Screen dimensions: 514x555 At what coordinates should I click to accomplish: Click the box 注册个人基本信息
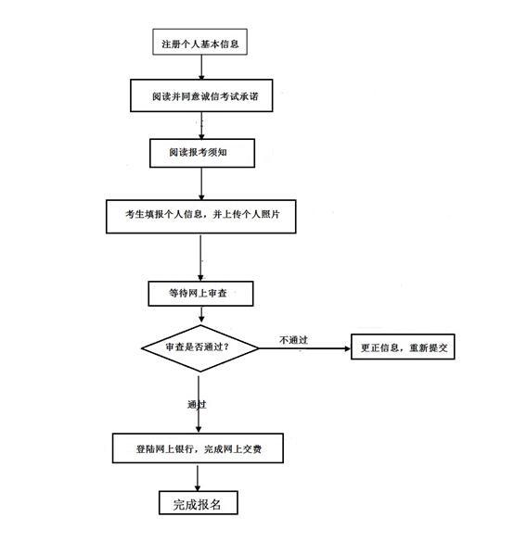click(x=199, y=42)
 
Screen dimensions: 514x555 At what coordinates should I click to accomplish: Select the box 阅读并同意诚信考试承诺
click(x=201, y=95)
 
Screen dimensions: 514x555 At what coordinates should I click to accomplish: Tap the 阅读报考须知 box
click(x=202, y=153)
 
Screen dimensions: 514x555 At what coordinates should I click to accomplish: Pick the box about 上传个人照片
click(x=201, y=216)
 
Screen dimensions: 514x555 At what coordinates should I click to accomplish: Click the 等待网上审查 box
click(x=200, y=294)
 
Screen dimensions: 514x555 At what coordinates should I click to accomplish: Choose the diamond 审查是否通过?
click(x=199, y=348)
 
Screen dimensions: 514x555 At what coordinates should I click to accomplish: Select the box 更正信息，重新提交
click(x=403, y=347)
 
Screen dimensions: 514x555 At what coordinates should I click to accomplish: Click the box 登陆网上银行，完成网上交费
click(x=198, y=448)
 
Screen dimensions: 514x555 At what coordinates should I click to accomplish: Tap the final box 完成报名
click(x=199, y=502)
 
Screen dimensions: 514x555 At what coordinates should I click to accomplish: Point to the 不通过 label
click(x=293, y=340)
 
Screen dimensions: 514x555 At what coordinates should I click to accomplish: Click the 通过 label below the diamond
click(x=197, y=404)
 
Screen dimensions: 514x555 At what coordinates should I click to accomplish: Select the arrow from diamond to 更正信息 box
click(x=304, y=348)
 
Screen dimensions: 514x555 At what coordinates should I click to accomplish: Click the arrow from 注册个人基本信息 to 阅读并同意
click(x=201, y=68)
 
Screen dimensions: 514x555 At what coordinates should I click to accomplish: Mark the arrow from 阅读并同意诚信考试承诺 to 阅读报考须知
click(x=201, y=126)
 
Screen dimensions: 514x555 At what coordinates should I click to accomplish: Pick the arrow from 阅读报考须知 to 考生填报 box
click(x=201, y=184)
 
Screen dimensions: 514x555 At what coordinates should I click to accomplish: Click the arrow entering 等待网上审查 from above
click(x=200, y=258)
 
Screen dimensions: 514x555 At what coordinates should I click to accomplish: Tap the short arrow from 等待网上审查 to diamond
click(x=201, y=314)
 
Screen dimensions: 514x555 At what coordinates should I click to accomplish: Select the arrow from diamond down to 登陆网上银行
click(x=199, y=404)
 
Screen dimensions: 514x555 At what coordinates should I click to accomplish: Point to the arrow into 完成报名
click(x=198, y=478)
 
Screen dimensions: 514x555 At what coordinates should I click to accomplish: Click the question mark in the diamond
click(x=226, y=347)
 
